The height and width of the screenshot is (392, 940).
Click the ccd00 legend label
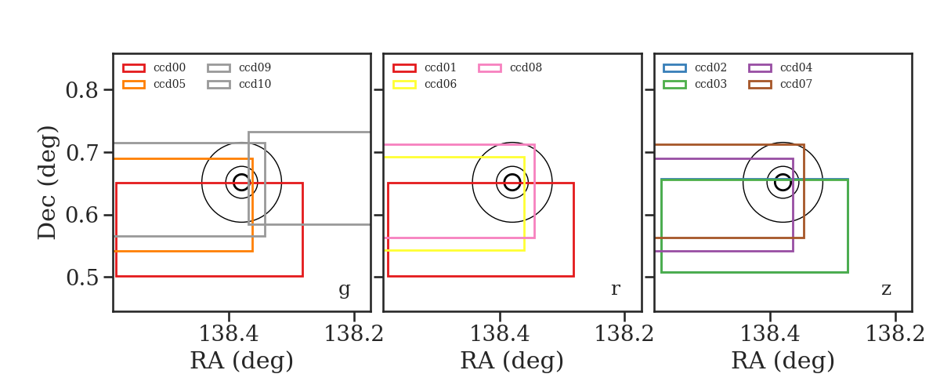(x=169, y=67)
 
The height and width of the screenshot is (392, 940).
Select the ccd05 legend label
(x=169, y=84)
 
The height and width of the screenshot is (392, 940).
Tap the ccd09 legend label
(x=255, y=67)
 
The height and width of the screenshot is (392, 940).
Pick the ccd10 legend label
(x=255, y=84)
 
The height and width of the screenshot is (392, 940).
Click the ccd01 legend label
(x=440, y=67)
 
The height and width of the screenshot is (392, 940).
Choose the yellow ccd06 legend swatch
(x=404, y=85)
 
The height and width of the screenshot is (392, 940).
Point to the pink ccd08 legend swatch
(x=490, y=68)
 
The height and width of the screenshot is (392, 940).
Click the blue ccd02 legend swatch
(x=674, y=68)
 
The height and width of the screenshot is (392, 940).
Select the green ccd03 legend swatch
(x=674, y=85)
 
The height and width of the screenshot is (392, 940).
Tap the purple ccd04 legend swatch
(x=760, y=68)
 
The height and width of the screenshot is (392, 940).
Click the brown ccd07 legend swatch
(x=760, y=85)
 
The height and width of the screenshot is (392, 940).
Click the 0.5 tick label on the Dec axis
(x=82, y=278)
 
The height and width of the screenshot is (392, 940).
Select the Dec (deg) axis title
(x=46, y=183)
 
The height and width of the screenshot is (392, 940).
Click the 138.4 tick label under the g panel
(x=229, y=334)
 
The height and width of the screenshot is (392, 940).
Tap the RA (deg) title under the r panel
(x=512, y=361)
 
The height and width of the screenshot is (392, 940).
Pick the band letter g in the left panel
(x=344, y=289)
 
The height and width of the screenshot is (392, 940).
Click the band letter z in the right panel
(x=886, y=289)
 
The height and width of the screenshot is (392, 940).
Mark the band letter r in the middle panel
(x=615, y=289)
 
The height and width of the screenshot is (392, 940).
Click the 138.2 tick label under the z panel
(x=895, y=334)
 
